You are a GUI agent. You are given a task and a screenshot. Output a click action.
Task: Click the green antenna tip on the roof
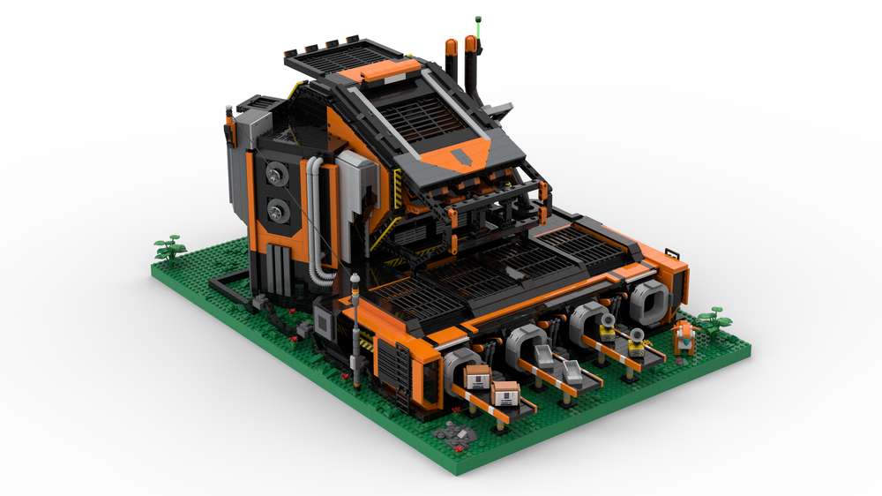478,17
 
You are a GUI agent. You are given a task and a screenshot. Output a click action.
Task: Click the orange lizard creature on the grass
684,336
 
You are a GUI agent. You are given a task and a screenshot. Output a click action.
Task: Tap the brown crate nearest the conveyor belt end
505,393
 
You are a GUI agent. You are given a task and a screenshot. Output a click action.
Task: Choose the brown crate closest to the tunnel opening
477,378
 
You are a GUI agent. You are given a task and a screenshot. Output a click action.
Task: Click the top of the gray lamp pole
355,280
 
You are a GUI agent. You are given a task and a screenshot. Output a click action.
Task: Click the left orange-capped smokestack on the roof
452,60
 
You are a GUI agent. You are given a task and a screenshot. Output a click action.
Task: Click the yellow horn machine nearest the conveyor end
635,336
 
